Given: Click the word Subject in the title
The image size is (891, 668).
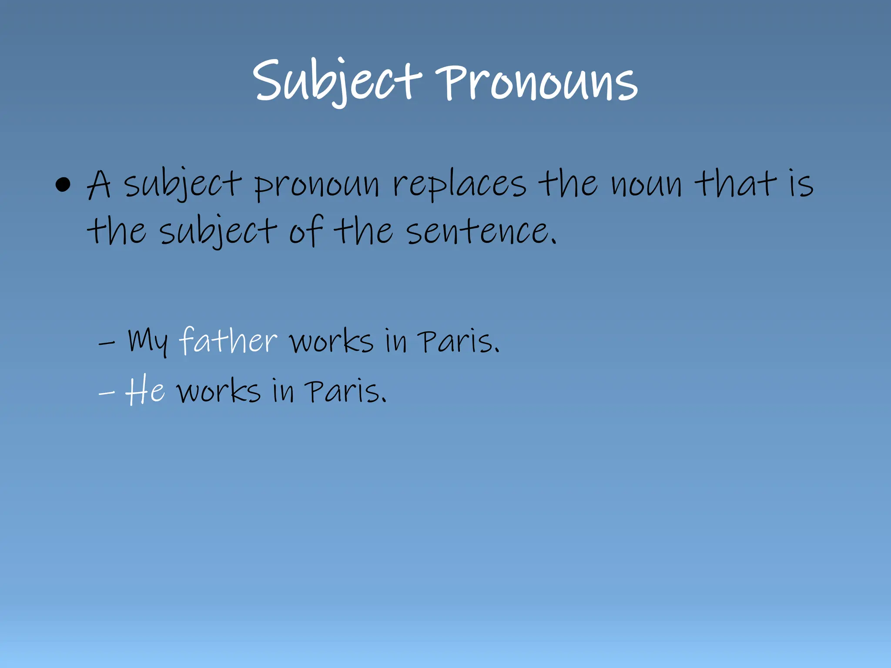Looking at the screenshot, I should point(337,82).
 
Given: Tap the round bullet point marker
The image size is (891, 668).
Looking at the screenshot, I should point(63,184).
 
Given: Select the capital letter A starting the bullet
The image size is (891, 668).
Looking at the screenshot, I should point(99,184).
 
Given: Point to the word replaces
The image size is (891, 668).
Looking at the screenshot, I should point(459,185).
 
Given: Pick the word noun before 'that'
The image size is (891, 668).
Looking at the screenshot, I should point(646,185).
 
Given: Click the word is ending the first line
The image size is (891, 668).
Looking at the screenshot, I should point(801,184).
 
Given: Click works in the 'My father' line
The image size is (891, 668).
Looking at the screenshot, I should point(332,341).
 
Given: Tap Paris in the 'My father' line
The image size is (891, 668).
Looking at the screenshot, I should point(458,341).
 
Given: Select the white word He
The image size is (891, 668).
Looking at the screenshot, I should point(145,391).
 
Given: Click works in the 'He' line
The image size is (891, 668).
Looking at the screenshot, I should point(219,391).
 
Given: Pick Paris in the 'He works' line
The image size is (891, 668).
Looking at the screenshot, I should point(345,391).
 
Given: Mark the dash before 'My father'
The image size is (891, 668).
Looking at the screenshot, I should point(107,343).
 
